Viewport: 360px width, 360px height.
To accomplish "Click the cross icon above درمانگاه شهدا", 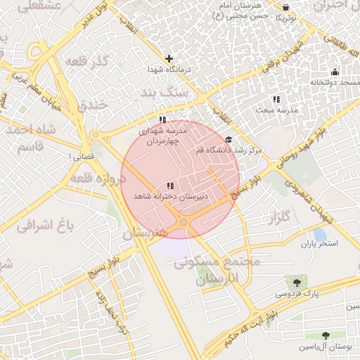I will coord(169,58).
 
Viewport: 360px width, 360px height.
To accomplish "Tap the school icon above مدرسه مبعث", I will coord(276,99).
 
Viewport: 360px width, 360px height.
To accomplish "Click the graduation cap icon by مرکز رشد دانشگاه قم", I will coord(228,141).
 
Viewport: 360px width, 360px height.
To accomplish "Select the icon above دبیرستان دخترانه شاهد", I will coord(171,185).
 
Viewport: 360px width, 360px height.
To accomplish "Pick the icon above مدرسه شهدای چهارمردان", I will coord(163,120).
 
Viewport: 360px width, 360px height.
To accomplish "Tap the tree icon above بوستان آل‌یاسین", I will coord(326,335).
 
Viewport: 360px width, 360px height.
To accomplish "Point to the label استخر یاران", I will coord(320,244).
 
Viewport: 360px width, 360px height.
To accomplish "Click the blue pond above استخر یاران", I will coord(320,234).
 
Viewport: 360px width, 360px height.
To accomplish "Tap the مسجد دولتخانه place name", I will coord(336,82).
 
